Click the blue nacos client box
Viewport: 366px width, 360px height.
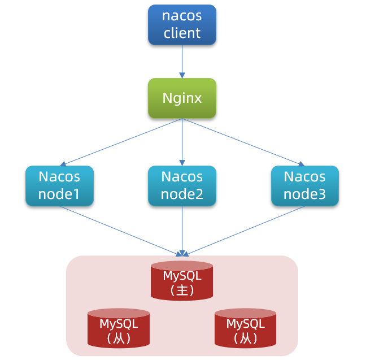(182, 25)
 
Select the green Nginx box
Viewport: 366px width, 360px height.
(182, 98)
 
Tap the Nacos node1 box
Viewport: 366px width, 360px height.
(59, 185)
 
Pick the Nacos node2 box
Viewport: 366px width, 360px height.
(182, 185)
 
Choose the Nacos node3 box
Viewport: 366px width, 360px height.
(304, 185)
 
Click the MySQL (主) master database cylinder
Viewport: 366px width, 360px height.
(182, 281)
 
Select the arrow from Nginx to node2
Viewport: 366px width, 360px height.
(182, 141)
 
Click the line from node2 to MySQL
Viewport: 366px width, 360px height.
(182, 229)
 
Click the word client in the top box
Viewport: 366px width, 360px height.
(182, 33)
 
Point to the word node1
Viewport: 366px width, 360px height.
(59, 194)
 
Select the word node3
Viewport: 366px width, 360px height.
(304, 194)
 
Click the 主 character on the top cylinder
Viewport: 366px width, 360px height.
(182, 290)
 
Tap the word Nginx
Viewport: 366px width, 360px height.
(182, 98)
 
